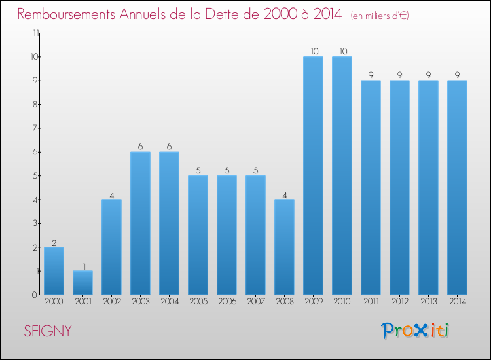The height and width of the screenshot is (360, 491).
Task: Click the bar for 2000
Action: (54, 270)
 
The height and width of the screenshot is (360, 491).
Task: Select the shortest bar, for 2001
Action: (82, 282)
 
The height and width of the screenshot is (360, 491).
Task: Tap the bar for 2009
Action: (313, 175)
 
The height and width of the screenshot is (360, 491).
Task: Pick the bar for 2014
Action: (457, 187)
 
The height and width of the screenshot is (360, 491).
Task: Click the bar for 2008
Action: (284, 247)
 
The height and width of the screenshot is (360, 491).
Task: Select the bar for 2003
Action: (140, 223)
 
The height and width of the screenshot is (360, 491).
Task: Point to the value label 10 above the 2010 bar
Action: (342, 51)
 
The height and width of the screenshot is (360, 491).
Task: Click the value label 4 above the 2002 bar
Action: (111, 194)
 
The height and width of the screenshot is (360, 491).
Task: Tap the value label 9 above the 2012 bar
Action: (399, 75)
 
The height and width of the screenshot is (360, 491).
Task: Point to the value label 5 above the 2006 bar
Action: (227, 170)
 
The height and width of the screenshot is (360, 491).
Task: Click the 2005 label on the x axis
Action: (198, 302)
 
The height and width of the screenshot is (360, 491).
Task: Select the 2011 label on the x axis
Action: (371, 302)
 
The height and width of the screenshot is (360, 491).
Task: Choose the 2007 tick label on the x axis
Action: (255, 302)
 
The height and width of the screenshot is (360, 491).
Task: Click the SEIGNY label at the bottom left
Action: (48, 331)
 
